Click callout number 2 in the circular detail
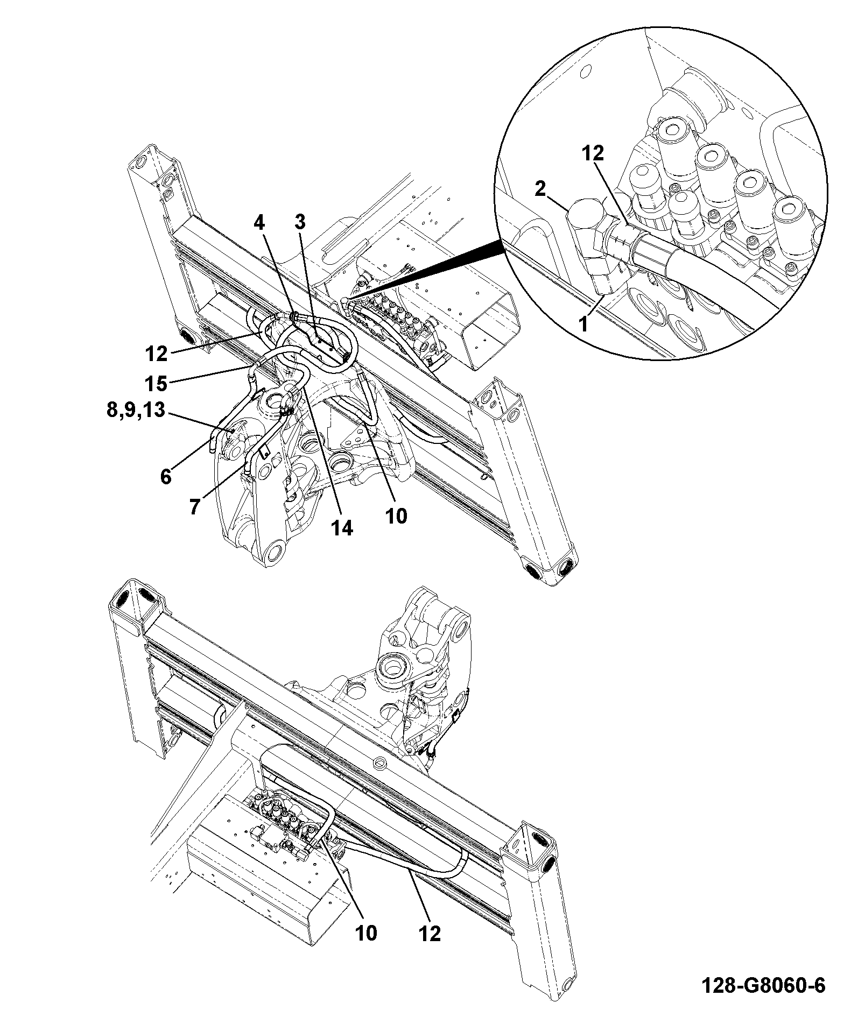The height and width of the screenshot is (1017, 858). pos(540,189)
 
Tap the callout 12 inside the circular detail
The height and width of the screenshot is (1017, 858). pos(593,154)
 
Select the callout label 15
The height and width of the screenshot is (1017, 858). pos(157,384)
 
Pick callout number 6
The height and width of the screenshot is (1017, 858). pos(166,476)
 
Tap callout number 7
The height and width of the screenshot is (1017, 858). pos(194,506)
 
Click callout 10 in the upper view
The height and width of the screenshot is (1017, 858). pos(396,516)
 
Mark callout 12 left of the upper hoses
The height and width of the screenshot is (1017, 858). pos(157,354)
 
